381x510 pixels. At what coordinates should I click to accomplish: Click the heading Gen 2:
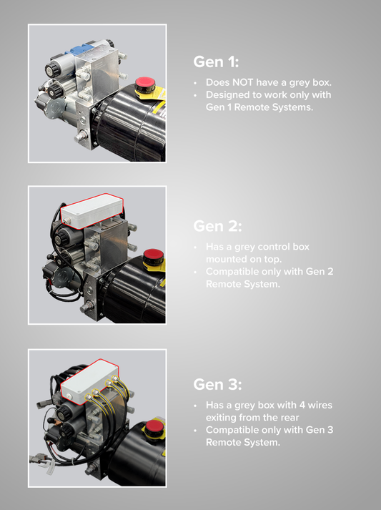coord(217,227)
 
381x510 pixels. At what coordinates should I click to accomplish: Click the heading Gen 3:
coord(217,384)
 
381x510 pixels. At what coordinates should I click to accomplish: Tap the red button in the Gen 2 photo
coord(152,255)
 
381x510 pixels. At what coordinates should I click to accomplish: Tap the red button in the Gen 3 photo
coord(154,428)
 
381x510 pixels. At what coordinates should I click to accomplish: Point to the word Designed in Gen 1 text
coord(228,95)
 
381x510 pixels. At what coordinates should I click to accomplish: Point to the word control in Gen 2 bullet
coord(275,247)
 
